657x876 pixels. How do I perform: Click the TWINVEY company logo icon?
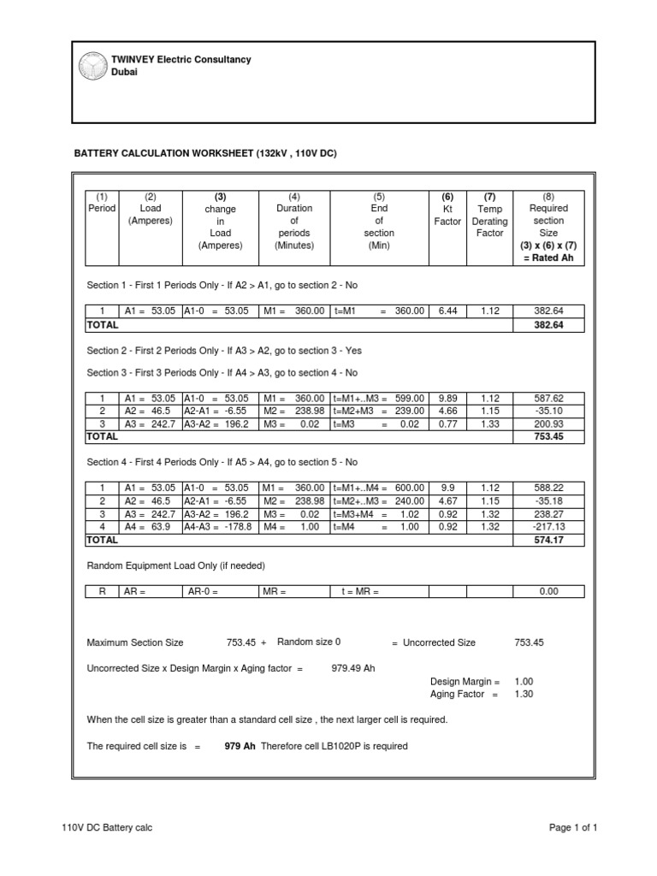pyautogui.click(x=89, y=66)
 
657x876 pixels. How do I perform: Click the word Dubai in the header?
pyautogui.click(x=126, y=73)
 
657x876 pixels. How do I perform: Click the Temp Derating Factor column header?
pyautogui.click(x=489, y=221)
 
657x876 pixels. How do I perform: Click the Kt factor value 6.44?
pyautogui.click(x=447, y=311)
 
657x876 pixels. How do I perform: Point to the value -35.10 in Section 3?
pyautogui.click(x=548, y=411)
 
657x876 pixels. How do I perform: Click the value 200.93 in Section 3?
pyautogui.click(x=548, y=423)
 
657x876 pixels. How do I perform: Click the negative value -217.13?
pyautogui.click(x=547, y=527)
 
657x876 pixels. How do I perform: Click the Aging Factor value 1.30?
pyautogui.click(x=524, y=694)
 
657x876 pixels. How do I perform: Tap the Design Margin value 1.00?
pyautogui.click(x=524, y=682)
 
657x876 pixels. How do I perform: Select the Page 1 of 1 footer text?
pyautogui.click(x=572, y=827)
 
